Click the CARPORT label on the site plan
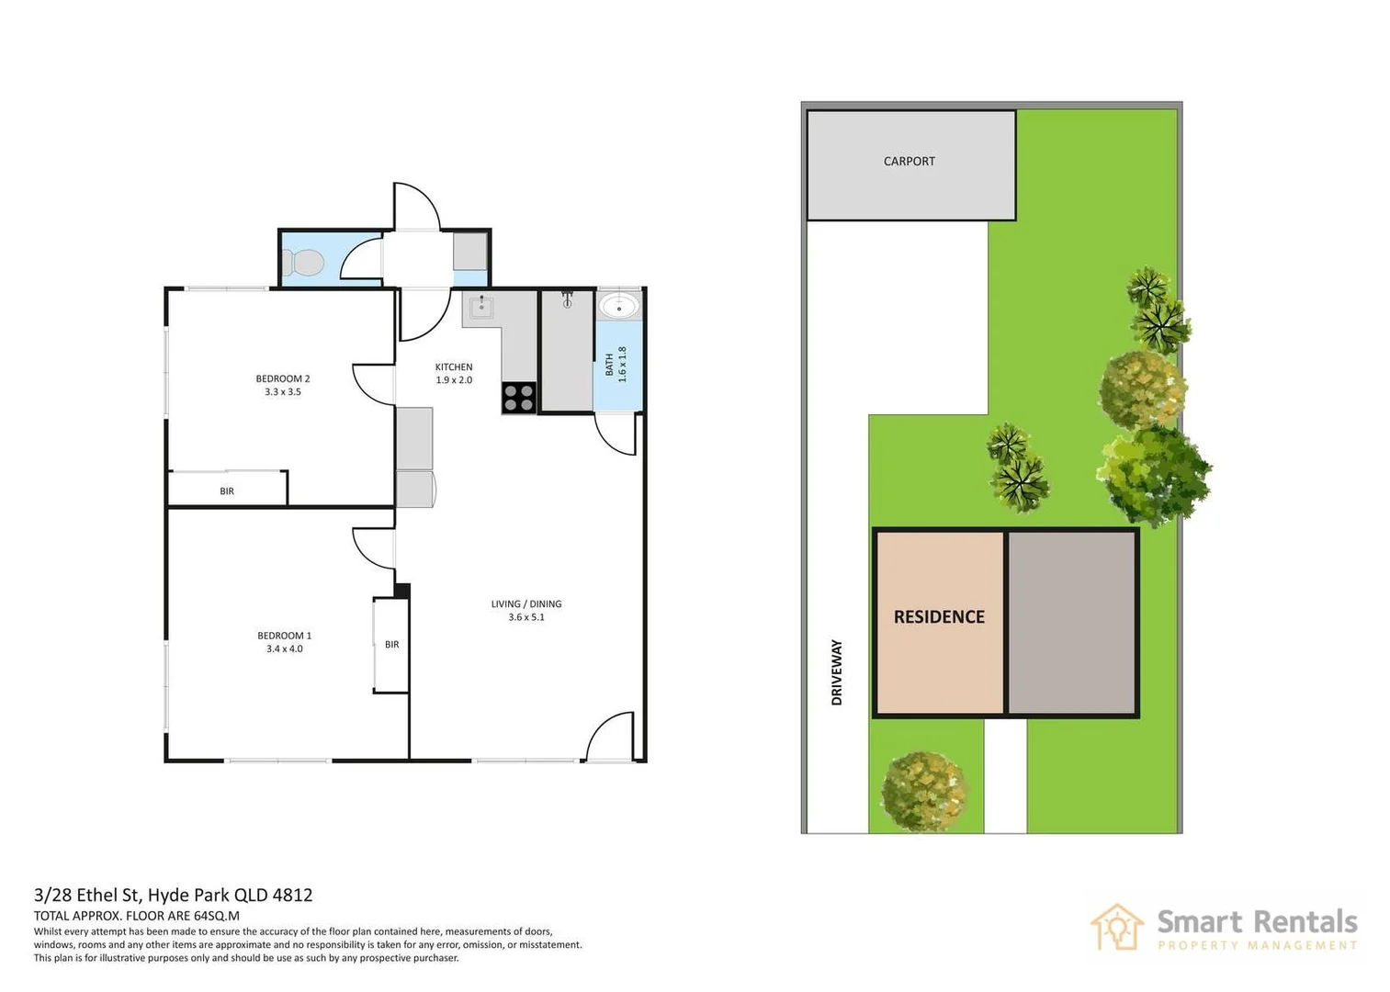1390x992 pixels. click(x=909, y=162)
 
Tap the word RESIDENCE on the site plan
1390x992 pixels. click(x=939, y=617)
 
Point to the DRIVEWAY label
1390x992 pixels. click(x=836, y=672)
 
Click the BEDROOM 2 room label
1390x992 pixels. click(x=282, y=378)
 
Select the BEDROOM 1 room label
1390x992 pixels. click(x=284, y=636)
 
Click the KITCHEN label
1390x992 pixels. click(x=454, y=367)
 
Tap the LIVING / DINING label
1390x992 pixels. click(x=526, y=604)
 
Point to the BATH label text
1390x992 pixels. click(x=609, y=365)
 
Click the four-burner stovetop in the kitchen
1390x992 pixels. click(x=519, y=398)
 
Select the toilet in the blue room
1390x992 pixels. click(x=303, y=264)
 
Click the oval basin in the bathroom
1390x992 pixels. click(x=619, y=306)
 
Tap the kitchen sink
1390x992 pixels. click(x=480, y=307)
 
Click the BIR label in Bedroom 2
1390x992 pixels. click(x=227, y=491)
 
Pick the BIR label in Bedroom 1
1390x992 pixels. click(x=392, y=645)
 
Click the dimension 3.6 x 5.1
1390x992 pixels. click(x=526, y=617)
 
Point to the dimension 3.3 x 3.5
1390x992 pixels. click(x=282, y=392)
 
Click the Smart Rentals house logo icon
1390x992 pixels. click(x=1117, y=928)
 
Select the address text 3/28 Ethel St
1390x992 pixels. click(x=87, y=895)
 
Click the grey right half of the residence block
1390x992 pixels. click(x=1072, y=623)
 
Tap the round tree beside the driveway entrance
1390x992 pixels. click(x=923, y=790)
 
